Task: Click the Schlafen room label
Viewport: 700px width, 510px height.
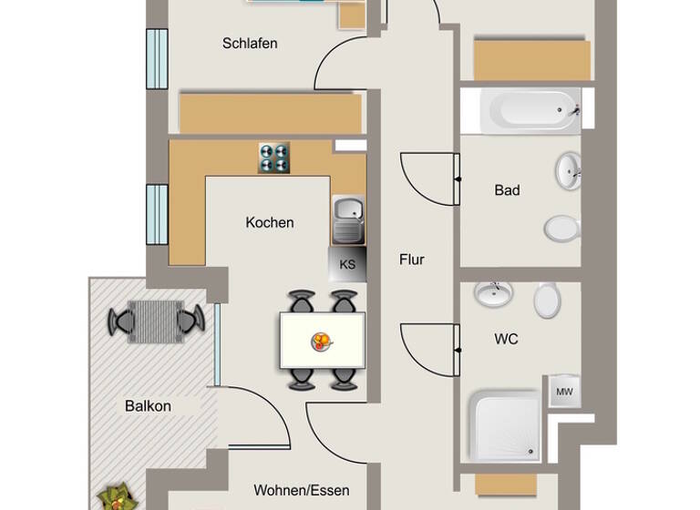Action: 250,43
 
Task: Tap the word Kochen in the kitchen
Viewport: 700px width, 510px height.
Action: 270,222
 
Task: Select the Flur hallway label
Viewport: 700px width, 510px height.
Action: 412,260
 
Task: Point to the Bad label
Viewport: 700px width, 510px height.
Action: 507,190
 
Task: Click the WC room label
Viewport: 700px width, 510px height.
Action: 506,339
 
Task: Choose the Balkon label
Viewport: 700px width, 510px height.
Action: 148,406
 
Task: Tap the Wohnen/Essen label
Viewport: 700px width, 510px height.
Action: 301,491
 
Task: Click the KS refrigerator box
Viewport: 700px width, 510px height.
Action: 347,265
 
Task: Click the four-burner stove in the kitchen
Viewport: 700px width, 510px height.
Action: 273,158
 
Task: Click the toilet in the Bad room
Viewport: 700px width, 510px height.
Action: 562,227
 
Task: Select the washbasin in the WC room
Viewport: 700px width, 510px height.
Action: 493,293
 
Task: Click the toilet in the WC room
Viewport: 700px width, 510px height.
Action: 547,300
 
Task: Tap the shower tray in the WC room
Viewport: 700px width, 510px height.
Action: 504,424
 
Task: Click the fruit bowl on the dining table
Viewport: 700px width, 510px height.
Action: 322,342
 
